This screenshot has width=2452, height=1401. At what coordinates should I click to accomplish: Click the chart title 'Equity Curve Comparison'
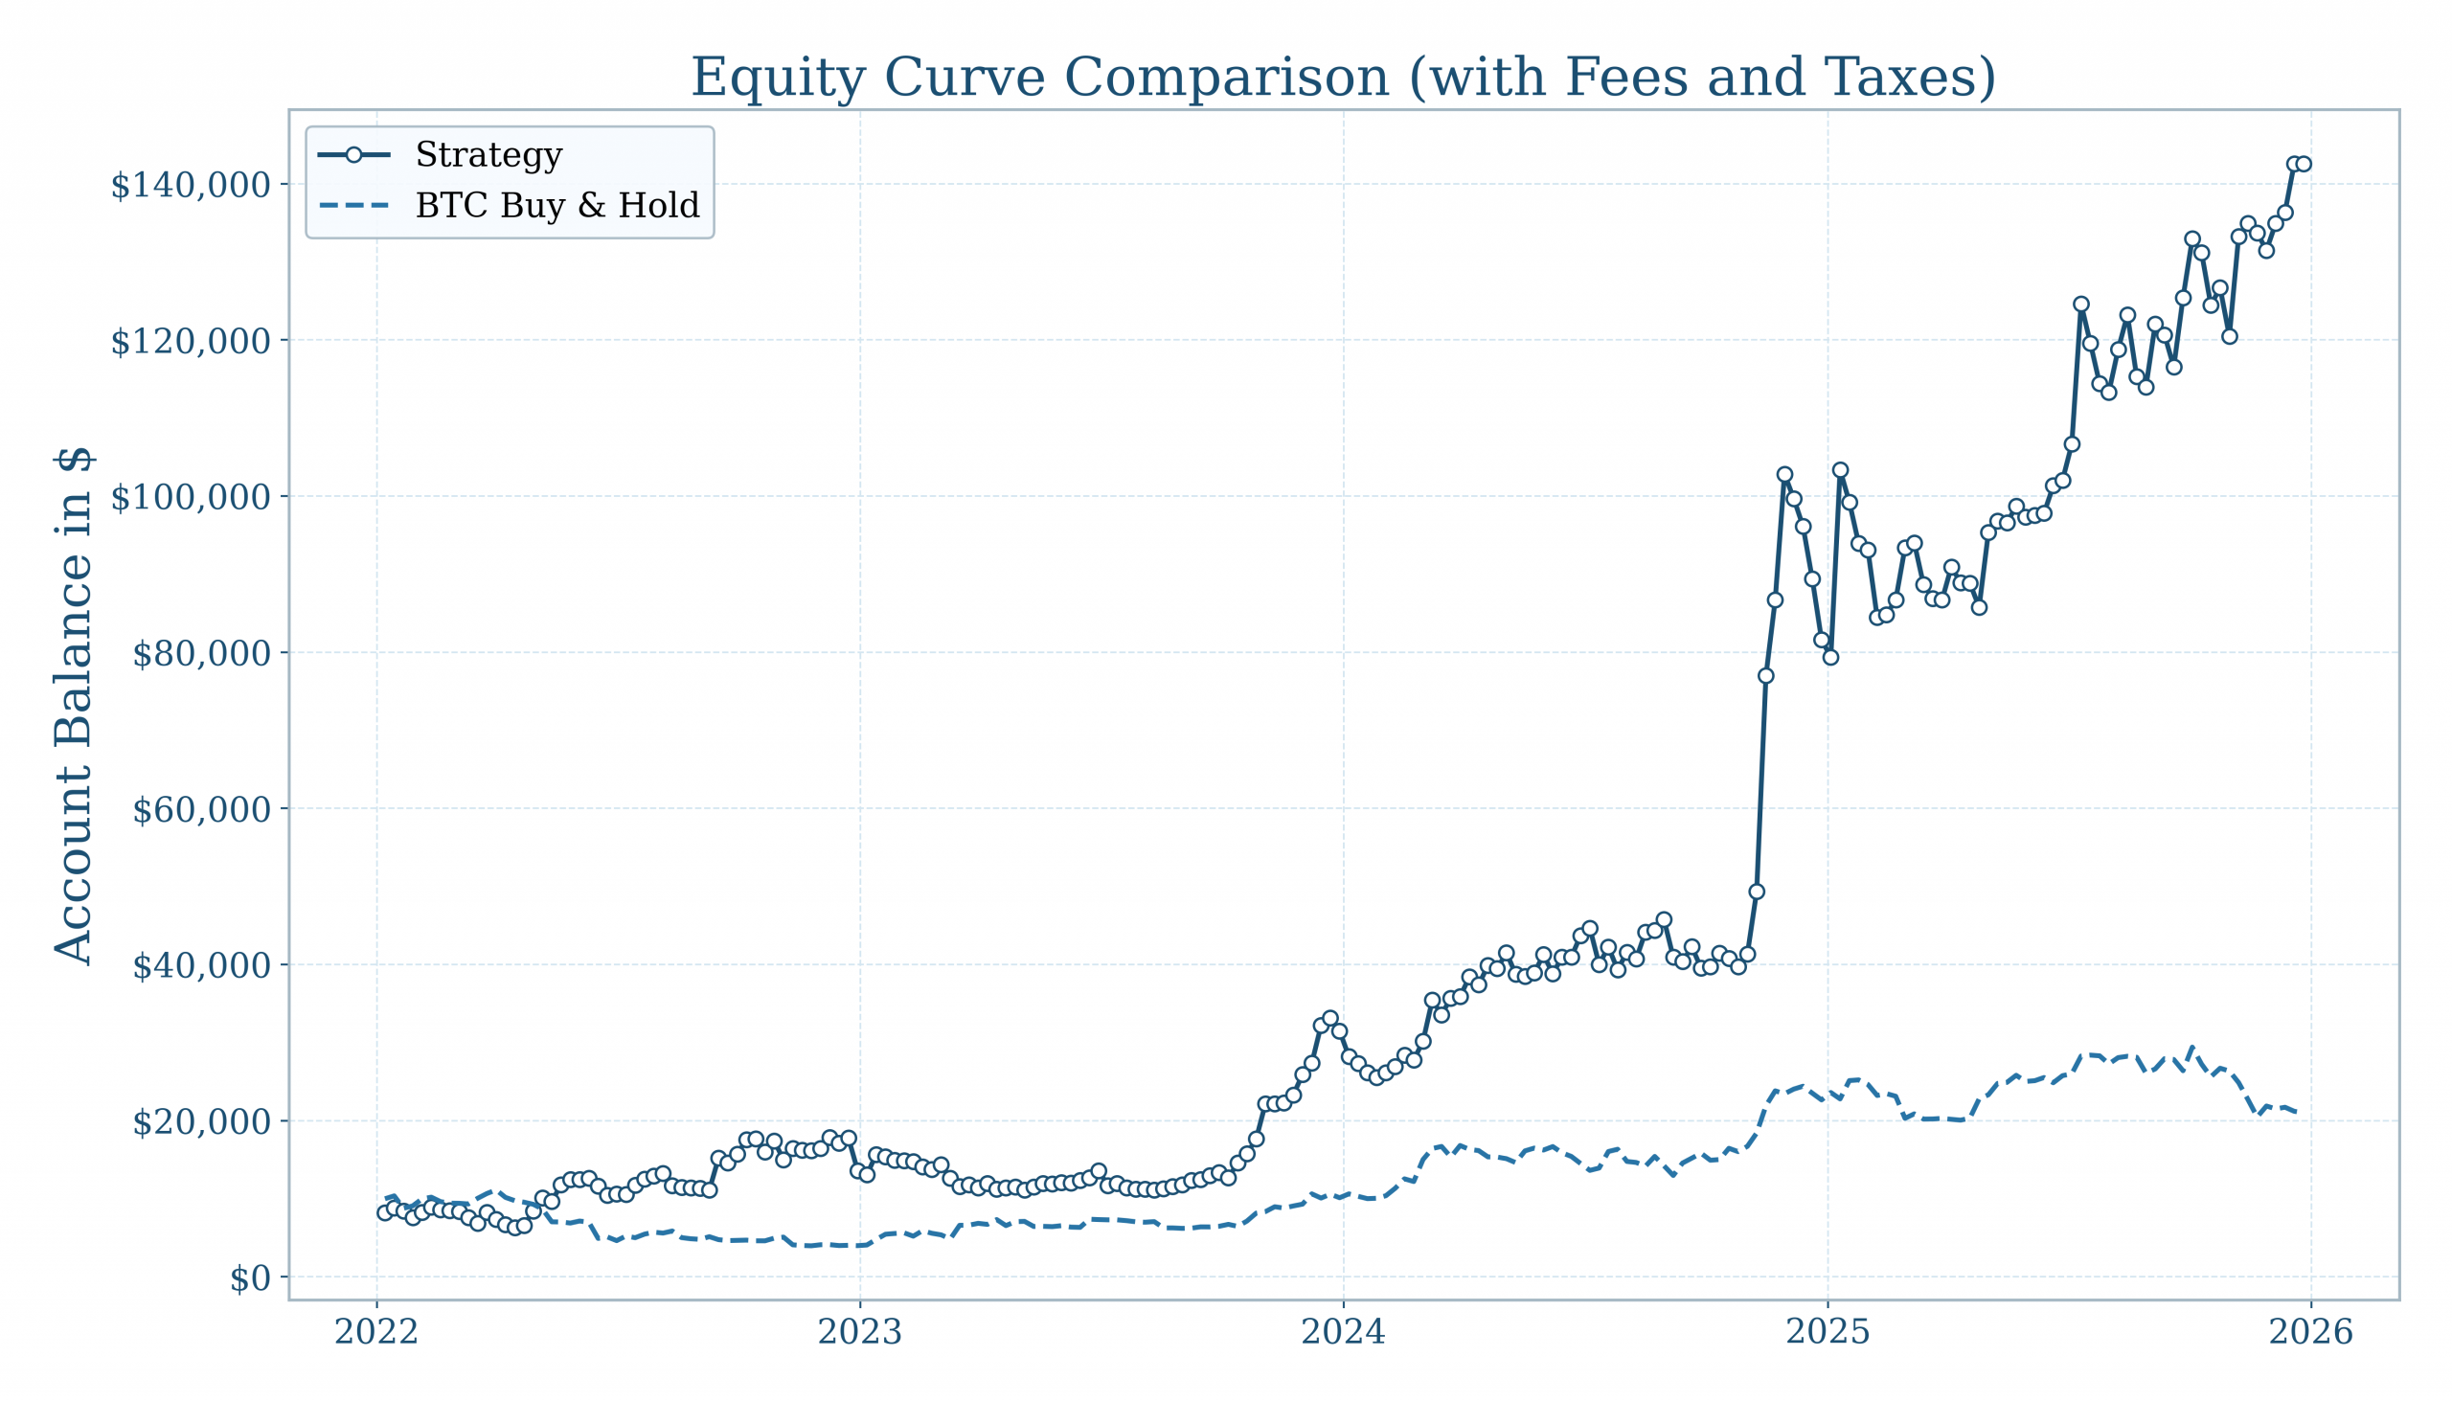pyautogui.click(x=1344, y=77)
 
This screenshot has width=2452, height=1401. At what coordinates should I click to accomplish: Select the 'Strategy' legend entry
pyautogui.click(x=488, y=155)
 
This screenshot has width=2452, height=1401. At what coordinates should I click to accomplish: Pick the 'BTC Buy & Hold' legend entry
pyautogui.click(x=556, y=206)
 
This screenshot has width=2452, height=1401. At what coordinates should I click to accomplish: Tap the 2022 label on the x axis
pyautogui.click(x=376, y=1333)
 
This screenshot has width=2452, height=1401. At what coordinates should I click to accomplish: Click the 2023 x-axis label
pyautogui.click(x=859, y=1333)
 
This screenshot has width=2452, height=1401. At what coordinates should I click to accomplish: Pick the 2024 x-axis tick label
pyautogui.click(x=1344, y=1333)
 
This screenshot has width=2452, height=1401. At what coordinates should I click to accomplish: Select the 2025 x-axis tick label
pyautogui.click(x=1828, y=1333)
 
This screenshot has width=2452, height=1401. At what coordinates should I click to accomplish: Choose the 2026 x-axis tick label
pyautogui.click(x=2310, y=1333)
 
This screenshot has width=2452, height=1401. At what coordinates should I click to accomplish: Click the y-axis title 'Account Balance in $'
pyautogui.click(x=74, y=706)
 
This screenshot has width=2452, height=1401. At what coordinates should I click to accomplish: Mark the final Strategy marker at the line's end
pyautogui.click(x=2303, y=165)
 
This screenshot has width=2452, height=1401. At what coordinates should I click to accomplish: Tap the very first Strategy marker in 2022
pyautogui.click(x=385, y=1212)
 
